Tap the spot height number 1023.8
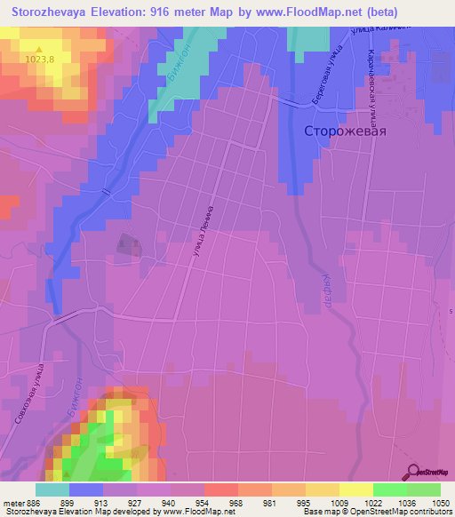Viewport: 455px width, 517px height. coord(39,60)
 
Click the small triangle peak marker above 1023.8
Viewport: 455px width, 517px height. coord(38,48)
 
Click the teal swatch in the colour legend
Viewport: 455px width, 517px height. coord(52,489)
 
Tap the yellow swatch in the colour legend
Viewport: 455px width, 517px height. coord(355,489)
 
